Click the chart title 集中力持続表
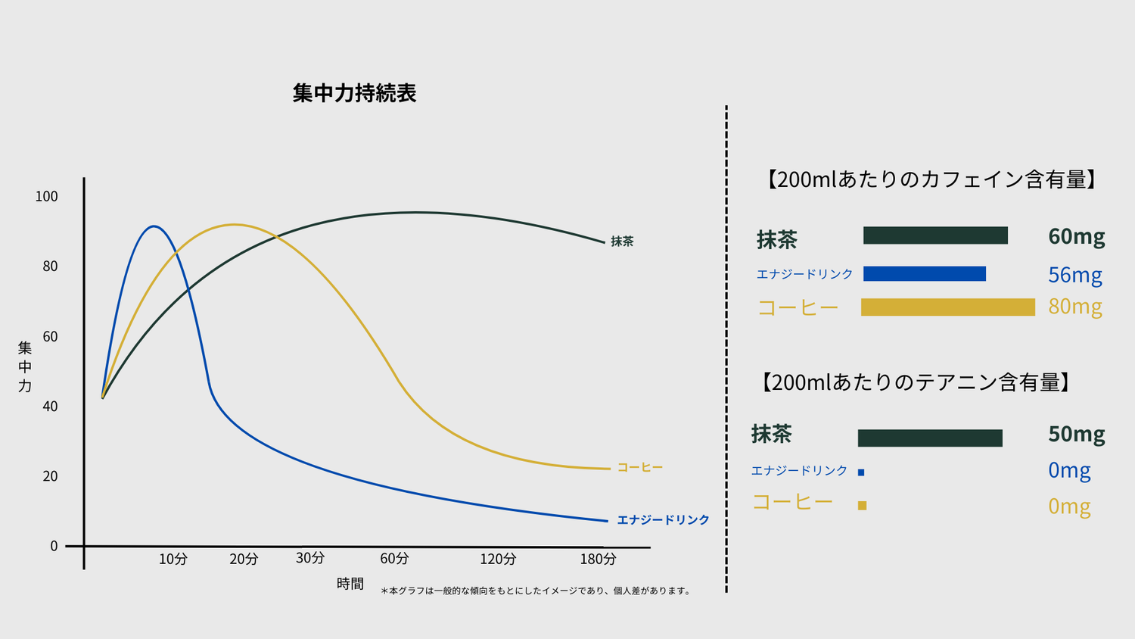click(354, 93)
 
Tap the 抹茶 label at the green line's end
click(622, 242)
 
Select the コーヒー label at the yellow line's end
click(640, 467)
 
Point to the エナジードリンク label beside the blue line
click(663, 519)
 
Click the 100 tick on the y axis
click(46, 196)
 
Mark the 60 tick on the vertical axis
click(50, 336)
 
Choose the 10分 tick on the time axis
click(173, 559)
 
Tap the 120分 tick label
click(498, 559)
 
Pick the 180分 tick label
click(598, 559)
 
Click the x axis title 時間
click(350, 584)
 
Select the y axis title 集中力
click(25, 367)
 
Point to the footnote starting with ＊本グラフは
click(536, 591)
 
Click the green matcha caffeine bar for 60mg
click(935, 235)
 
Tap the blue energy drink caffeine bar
click(924, 273)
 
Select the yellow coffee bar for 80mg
click(947, 307)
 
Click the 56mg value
click(1074, 274)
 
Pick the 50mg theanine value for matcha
click(1076, 434)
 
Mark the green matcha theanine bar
click(930, 438)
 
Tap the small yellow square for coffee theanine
click(862, 505)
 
